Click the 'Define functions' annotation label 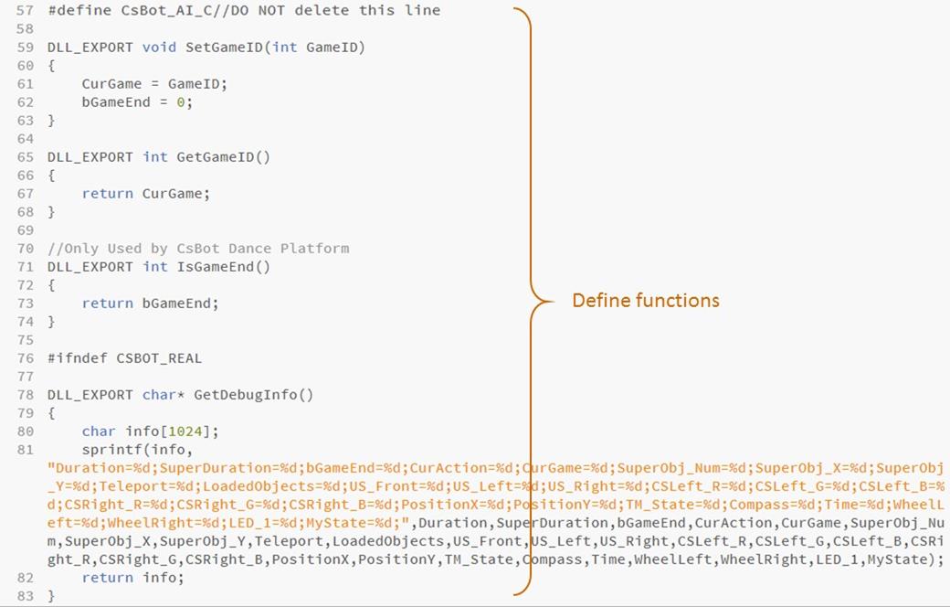645,300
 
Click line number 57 25,11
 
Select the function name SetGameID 224,48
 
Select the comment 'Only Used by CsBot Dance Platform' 198,249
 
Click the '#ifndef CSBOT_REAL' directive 124,358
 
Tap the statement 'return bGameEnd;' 150,303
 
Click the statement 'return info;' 132,578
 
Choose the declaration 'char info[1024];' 150,431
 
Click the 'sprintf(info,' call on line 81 137,450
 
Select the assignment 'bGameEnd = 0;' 137,102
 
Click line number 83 25,596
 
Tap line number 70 25,249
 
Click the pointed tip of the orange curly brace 552,300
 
